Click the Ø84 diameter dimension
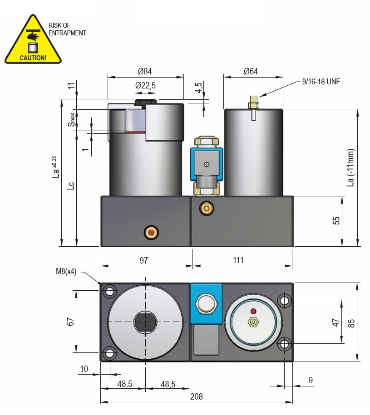145,71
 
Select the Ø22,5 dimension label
145,85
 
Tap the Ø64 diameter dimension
251,71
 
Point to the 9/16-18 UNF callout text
321,82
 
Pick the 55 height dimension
336,221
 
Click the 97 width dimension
143,260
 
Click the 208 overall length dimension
196,396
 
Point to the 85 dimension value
351,322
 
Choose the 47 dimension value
335,322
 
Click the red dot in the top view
253,311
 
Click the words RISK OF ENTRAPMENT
67,29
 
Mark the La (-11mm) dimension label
350,168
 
